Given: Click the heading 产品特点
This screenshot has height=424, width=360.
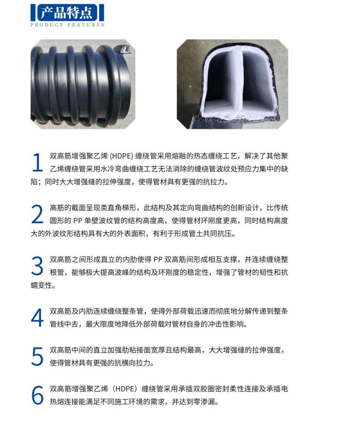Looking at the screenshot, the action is (66, 12).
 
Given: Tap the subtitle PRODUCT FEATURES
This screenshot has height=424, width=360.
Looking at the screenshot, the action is (67, 25).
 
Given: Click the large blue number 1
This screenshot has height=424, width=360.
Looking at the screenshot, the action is (37, 162).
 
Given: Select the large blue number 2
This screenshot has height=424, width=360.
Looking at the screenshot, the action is (37, 214).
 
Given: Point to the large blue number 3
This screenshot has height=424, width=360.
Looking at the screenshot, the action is (37, 266).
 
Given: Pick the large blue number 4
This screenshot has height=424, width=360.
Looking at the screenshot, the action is (37, 318).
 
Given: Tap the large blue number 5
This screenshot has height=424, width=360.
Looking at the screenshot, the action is (37, 357).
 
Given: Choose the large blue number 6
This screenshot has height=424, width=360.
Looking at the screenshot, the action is (37, 395).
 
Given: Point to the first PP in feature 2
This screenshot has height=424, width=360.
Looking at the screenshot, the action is (78, 221).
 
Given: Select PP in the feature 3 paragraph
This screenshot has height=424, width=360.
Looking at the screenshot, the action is (158, 260).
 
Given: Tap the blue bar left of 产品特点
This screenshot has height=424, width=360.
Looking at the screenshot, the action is (33, 12).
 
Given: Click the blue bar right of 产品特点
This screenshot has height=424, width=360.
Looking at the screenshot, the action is (102, 12).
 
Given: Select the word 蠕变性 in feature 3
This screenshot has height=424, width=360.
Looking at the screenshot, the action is (42, 285).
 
